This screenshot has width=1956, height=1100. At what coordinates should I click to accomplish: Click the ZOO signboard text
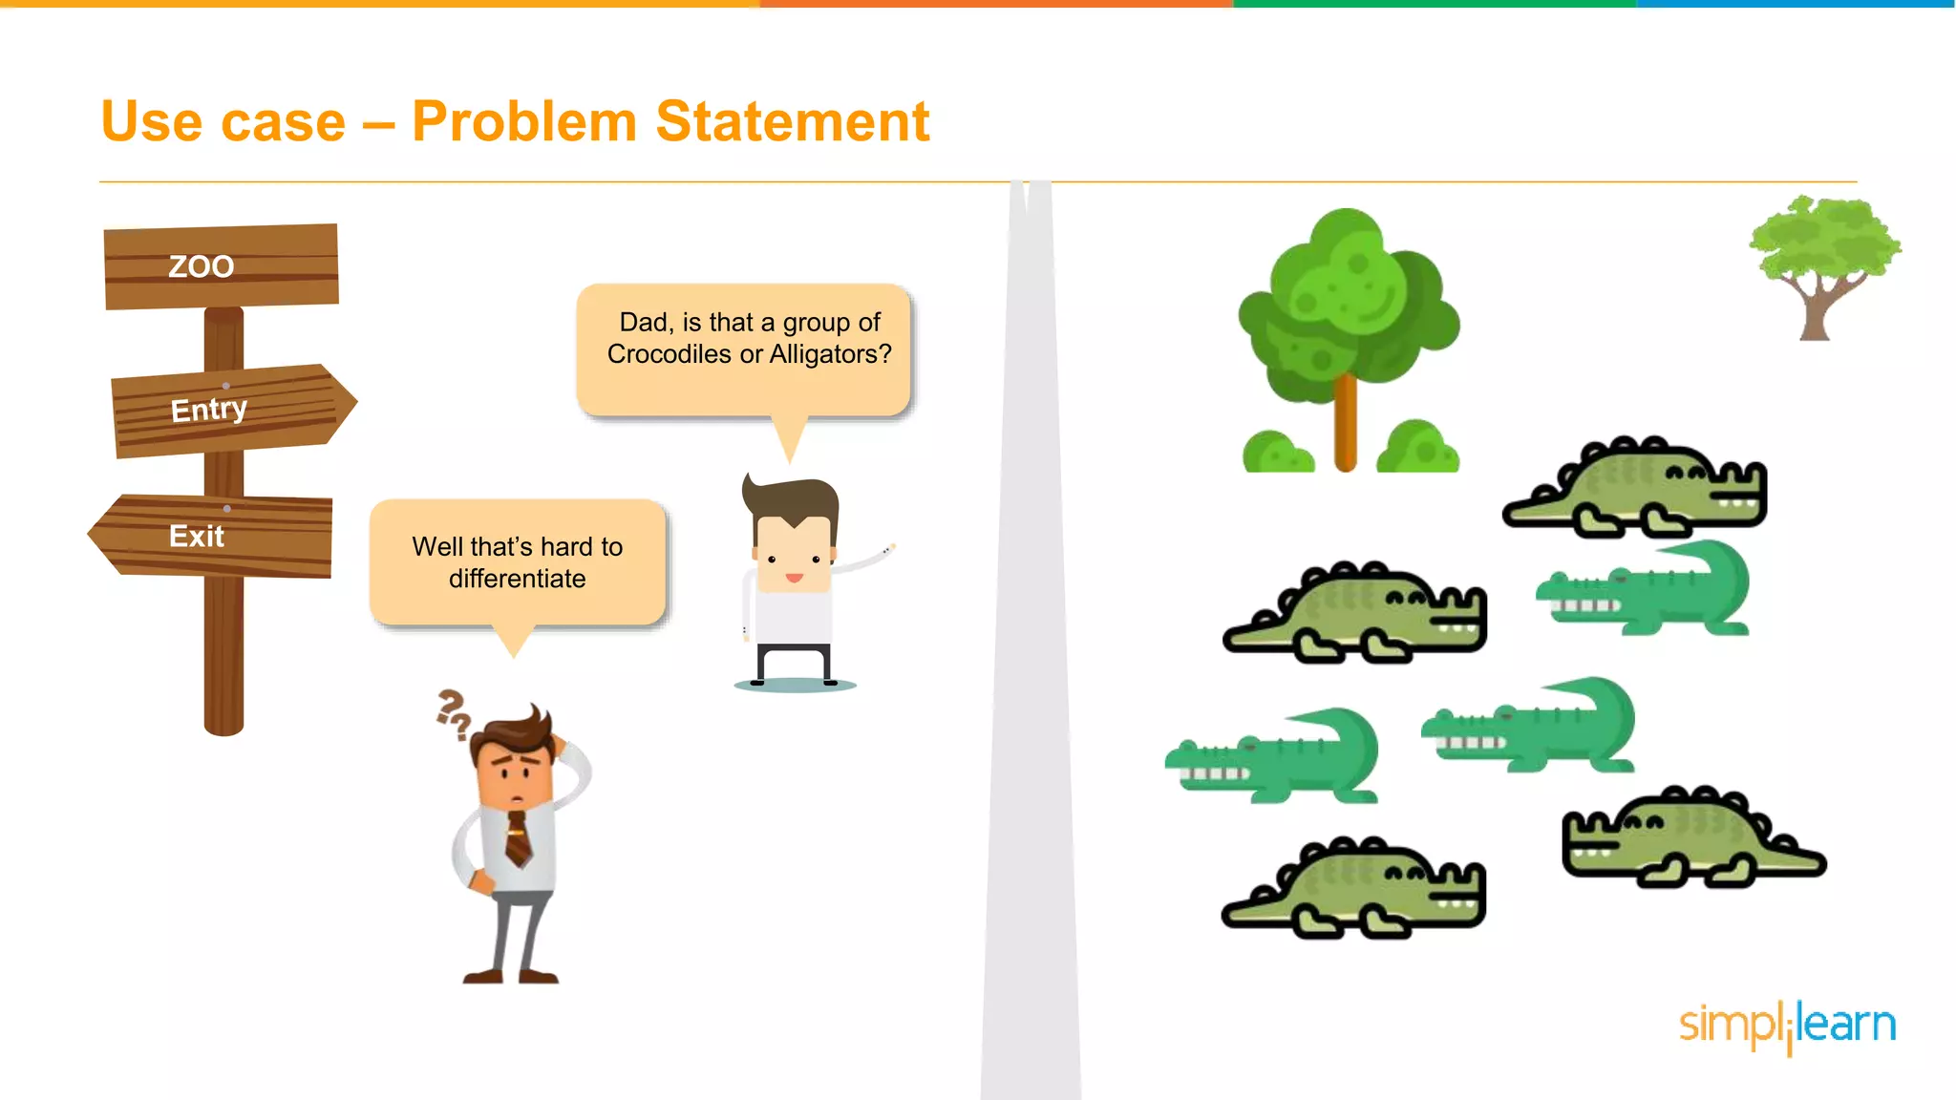coord(202,266)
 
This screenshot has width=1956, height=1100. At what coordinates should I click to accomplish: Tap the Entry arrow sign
coord(229,410)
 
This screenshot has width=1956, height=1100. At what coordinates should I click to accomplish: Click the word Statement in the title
coord(792,122)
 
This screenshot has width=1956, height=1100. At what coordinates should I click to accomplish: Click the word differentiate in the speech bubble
coord(517,579)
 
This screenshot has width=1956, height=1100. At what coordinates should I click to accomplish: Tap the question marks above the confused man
coord(453,714)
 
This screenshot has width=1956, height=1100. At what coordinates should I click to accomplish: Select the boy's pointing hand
coord(887,551)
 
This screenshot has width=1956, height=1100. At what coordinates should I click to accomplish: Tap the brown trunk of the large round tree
coord(1345,420)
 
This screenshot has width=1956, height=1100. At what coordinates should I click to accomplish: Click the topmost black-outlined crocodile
coord(1635,485)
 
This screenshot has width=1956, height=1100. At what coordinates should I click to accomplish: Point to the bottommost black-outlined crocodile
coord(1354,887)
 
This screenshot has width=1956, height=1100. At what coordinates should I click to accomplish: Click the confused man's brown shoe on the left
coord(483,975)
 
